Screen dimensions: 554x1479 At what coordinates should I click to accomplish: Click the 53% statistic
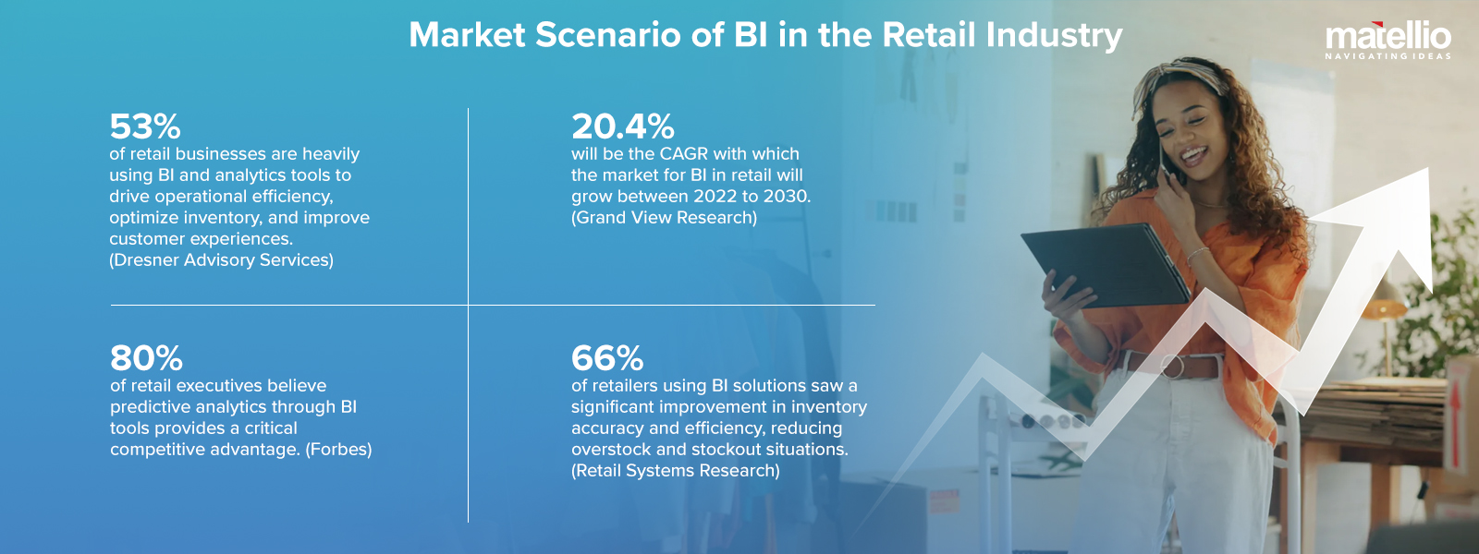click(x=145, y=126)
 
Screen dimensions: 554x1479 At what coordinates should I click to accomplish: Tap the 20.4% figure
click(x=622, y=126)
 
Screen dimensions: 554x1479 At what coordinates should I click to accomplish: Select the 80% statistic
click(x=146, y=358)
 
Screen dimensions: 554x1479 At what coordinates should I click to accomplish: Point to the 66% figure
click(x=606, y=358)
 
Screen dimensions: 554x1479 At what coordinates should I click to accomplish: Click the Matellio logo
click(x=1387, y=38)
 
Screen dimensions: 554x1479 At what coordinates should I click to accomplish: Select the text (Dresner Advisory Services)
click(x=221, y=260)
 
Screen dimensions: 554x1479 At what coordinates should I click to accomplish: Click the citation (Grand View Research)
click(x=664, y=218)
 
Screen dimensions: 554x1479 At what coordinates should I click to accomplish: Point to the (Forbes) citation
click(x=338, y=450)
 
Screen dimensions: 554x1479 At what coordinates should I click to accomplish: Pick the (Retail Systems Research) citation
click(x=675, y=471)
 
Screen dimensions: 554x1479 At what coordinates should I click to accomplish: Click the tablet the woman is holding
click(x=1105, y=265)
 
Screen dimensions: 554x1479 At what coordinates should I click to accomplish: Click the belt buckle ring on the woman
click(x=1172, y=366)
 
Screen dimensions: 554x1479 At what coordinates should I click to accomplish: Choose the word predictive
click(x=150, y=407)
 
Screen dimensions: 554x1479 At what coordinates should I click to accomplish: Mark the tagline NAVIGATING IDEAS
click(x=1387, y=56)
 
